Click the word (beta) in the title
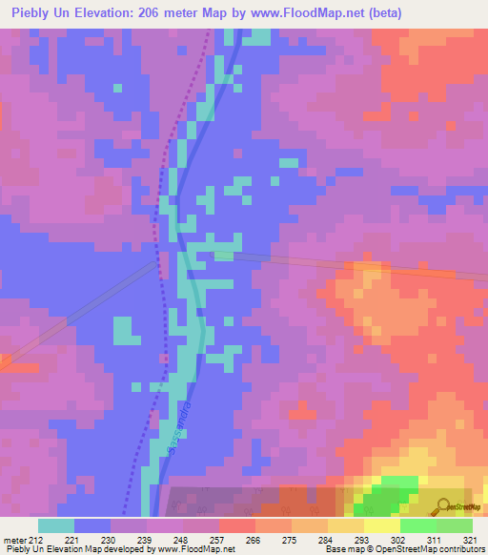tap(381, 13)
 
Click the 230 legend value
tap(111, 539)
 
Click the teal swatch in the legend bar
tap(56, 525)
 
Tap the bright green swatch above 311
tap(418, 525)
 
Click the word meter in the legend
tap(13, 539)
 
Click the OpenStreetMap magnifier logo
tap(441, 506)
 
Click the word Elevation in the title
tap(100, 13)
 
